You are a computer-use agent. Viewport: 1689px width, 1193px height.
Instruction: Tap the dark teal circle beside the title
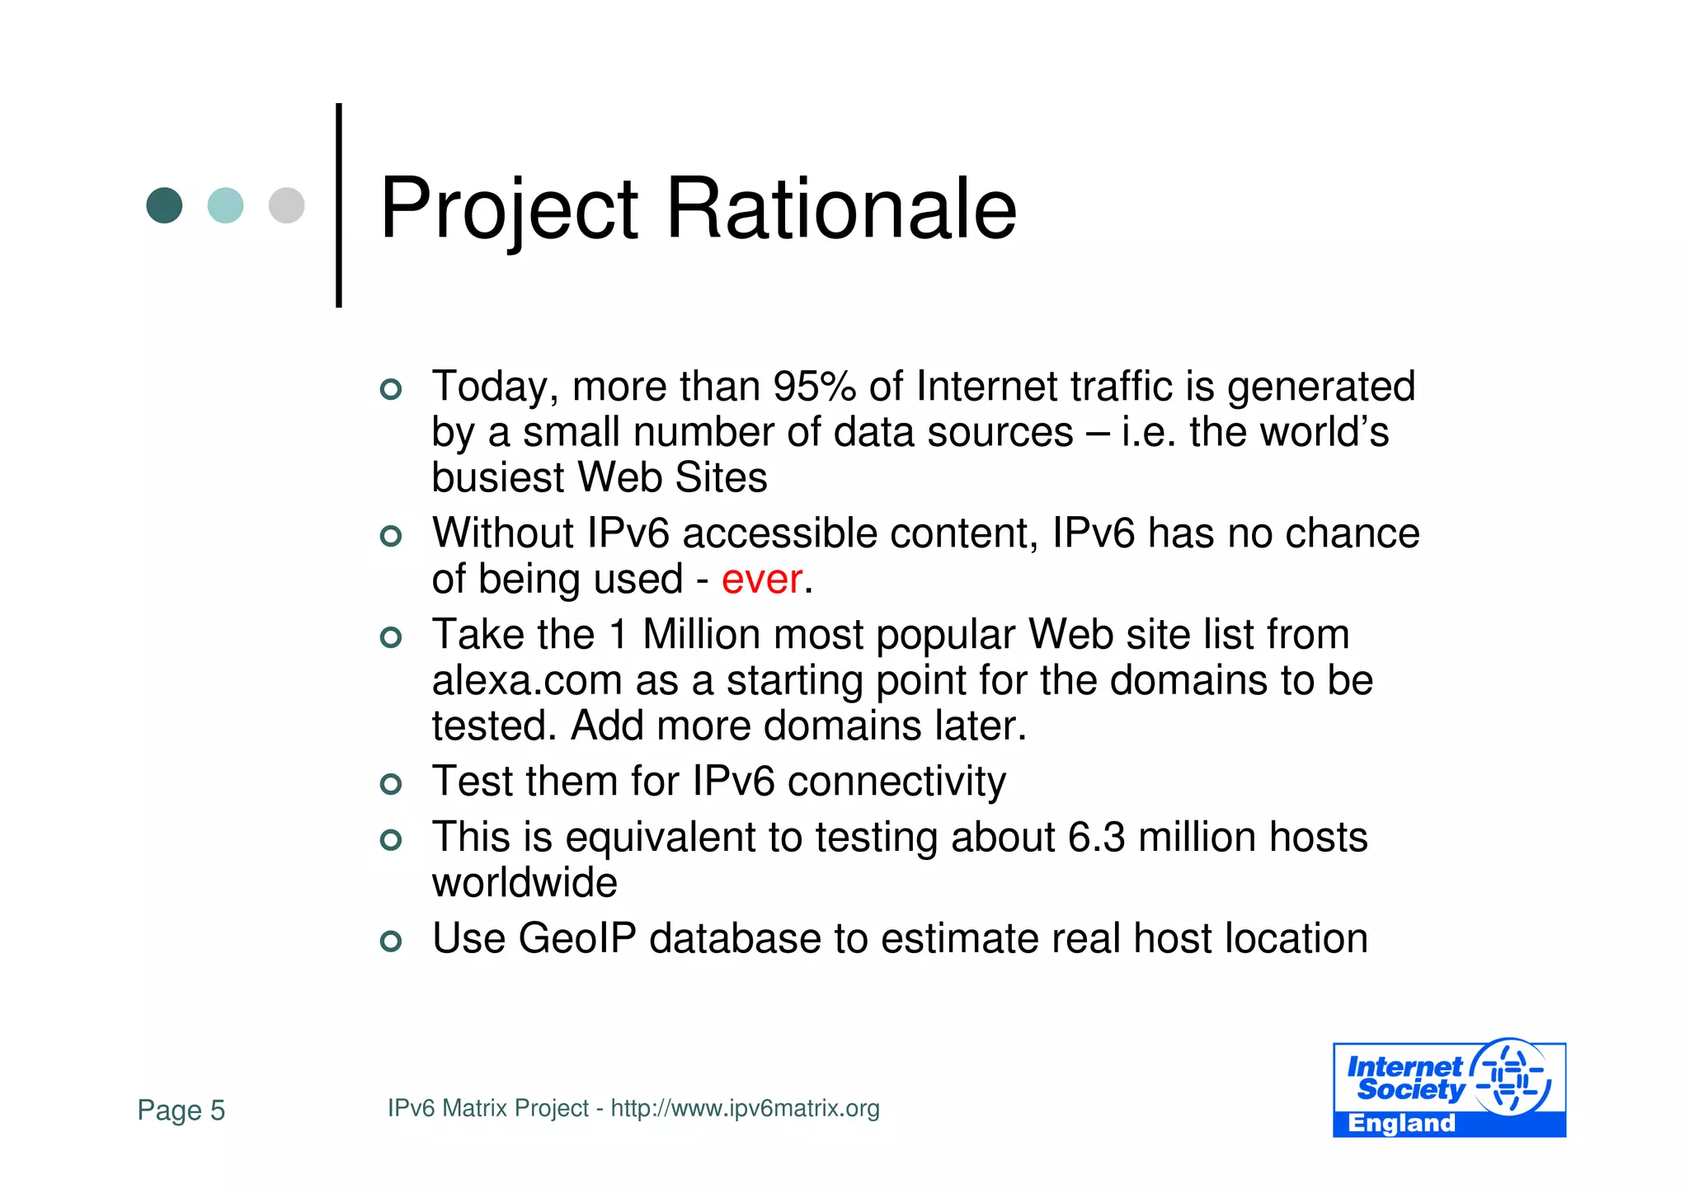[x=164, y=205]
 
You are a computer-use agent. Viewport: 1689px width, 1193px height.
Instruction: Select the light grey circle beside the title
[x=286, y=205]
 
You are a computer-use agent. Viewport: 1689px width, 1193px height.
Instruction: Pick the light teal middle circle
[x=225, y=205]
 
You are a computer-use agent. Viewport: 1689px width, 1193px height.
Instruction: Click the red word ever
[x=761, y=579]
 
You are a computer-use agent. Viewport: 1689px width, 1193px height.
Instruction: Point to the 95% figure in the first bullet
[x=814, y=387]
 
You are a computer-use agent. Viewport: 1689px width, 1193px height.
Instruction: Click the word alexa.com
[x=527, y=681]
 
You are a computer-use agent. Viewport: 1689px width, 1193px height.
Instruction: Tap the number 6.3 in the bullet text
[x=1096, y=837]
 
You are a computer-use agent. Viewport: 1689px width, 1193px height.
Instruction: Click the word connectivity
[x=896, y=782]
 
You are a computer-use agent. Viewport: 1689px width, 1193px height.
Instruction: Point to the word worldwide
[x=525, y=883]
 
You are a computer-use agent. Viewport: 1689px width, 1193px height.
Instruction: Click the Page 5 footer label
[x=181, y=1110]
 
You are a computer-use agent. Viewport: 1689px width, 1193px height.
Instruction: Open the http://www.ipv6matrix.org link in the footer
[x=745, y=1108]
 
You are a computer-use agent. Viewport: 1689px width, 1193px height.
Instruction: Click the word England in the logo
[x=1401, y=1123]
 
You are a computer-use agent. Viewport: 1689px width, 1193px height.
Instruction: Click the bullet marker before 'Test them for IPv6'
[x=391, y=783]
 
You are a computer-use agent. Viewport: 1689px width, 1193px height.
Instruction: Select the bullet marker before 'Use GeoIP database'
[x=391, y=941]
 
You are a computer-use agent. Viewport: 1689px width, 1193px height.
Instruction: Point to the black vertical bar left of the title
[x=339, y=205]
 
